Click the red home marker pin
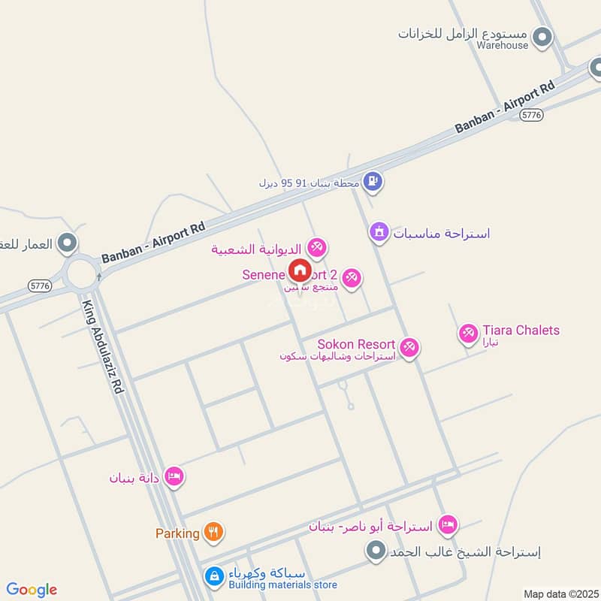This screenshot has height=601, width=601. tap(299, 269)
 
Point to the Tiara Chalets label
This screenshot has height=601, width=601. tap(521, 331)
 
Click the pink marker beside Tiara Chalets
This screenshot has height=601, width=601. tap(469, 332)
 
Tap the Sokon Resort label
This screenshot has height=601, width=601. tap(356, 344)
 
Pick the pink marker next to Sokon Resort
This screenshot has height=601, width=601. tap(409, 347)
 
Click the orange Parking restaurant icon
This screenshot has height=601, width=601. tap(213, 533)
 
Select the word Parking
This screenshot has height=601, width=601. tap(177, 533)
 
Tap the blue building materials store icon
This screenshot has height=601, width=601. tap(214, 576)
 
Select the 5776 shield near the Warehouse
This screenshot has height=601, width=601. tap(531, 114)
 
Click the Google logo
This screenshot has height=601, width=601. tap(32, 590)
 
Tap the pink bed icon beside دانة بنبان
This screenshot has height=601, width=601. tap(174, 476)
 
